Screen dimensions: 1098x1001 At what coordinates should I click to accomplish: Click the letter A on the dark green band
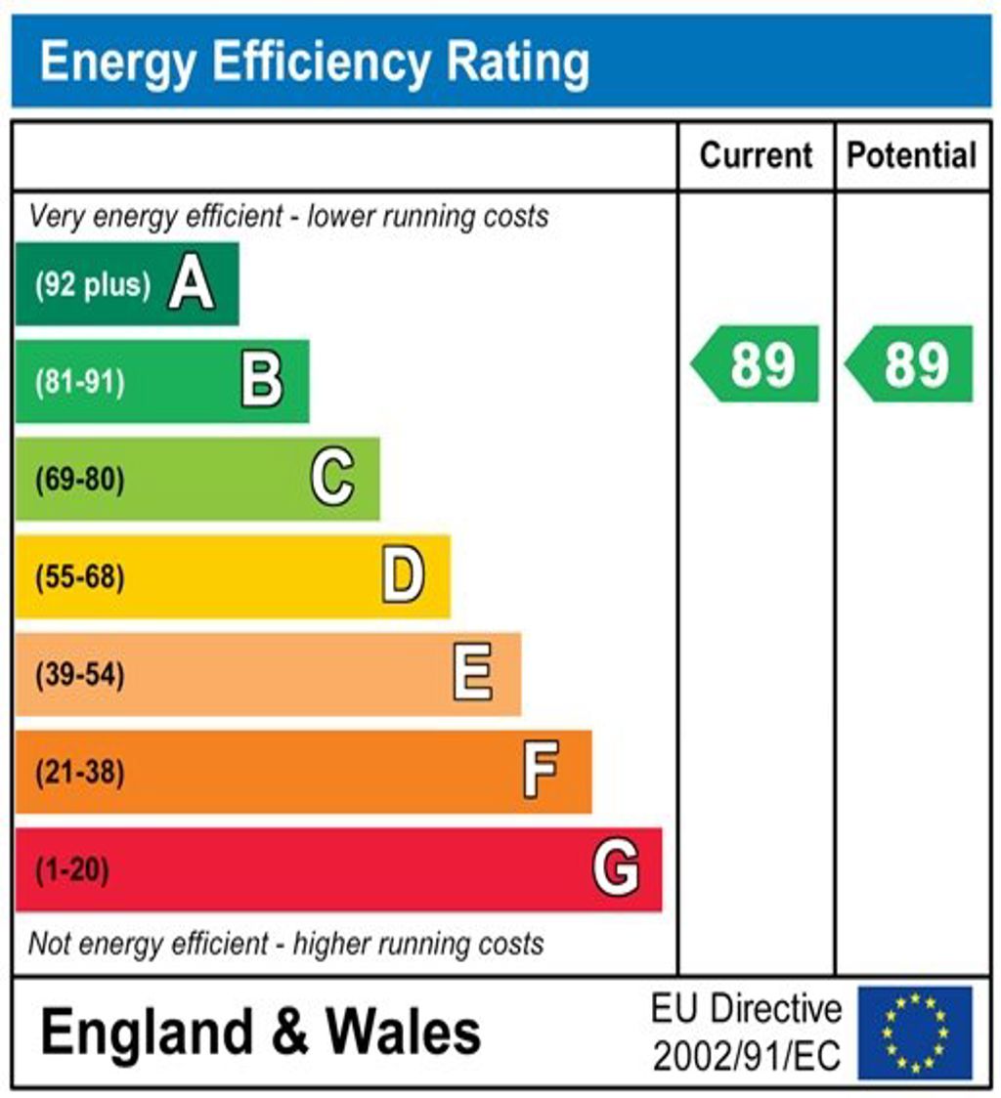[191, 284]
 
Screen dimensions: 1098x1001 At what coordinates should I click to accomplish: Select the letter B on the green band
[262, 381]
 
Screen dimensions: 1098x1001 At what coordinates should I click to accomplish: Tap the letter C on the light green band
[332, 479]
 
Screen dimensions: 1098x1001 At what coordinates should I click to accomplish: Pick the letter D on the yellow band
[403, 576]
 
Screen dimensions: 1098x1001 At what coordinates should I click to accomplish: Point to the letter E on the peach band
[473, 674]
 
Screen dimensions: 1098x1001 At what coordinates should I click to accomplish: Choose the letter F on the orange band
[541, 771]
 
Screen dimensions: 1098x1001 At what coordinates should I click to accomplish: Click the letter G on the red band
[616, 868]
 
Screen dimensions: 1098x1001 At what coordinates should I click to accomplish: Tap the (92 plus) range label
[93, 285]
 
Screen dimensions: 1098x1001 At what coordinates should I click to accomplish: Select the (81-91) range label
[80, 382]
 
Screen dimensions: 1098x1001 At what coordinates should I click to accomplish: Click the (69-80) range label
[80, 480]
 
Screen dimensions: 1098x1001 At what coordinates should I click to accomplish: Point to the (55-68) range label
[80, 577]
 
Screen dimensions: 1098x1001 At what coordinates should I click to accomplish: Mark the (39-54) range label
[80, 675]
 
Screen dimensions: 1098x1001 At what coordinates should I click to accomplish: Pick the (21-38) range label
[80, 773]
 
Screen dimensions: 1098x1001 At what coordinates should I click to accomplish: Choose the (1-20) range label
[72, 869]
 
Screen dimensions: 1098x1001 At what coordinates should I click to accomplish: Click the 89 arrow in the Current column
[757, 364]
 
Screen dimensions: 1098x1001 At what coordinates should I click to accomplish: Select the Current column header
[757, 155]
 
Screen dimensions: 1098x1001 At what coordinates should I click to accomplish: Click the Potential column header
[911, 155]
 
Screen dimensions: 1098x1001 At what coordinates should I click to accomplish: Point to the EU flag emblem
[915, 1033]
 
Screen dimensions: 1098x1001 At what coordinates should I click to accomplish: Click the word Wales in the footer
[403, 1033]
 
